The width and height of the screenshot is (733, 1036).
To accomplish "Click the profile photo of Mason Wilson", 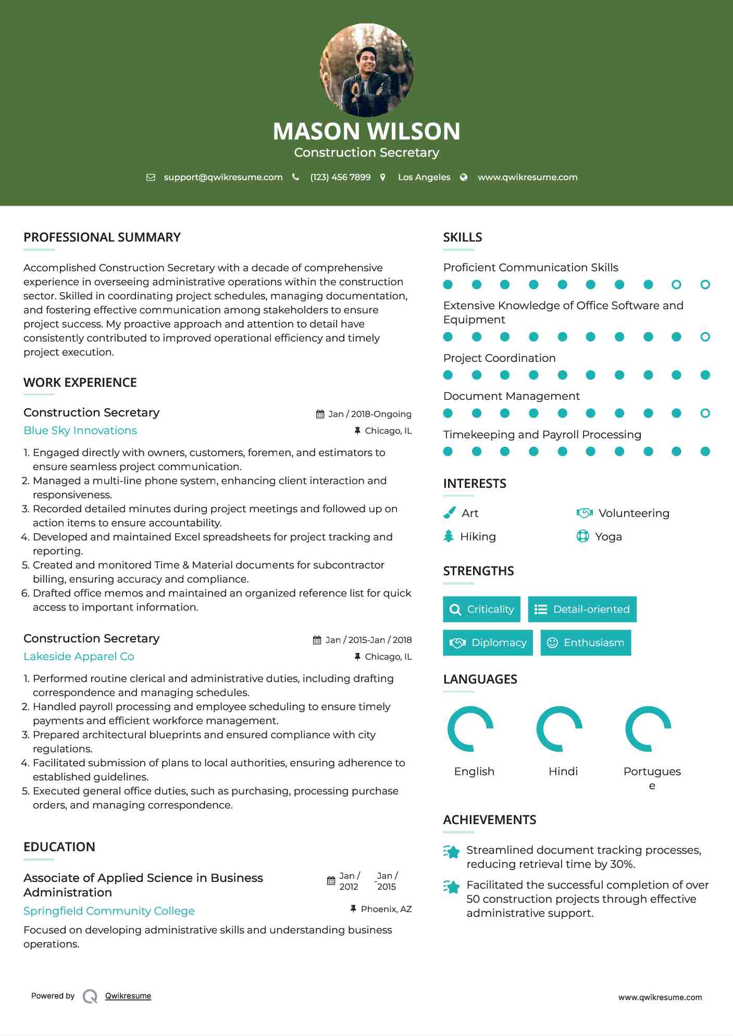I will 366,70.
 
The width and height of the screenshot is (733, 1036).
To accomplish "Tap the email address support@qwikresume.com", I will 223,177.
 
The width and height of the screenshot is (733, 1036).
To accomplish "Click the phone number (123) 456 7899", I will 340,177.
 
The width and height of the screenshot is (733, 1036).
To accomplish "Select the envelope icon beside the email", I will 151,178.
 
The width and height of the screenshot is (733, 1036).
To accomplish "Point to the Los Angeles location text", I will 424,177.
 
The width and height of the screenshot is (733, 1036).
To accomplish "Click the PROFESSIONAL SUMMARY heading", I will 102,237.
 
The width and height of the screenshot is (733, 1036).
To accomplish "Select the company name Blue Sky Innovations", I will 80,431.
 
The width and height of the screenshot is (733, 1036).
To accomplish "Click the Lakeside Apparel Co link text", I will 79,656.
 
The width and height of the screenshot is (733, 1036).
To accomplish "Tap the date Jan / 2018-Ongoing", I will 369,414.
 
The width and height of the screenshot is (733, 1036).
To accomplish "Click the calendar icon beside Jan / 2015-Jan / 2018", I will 317,640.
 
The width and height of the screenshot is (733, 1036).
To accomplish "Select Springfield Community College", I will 109,911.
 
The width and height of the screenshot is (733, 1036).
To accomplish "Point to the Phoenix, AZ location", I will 386,909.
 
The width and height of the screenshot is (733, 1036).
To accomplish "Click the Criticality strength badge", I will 481,609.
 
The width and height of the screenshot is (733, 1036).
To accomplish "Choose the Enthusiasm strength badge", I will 586,642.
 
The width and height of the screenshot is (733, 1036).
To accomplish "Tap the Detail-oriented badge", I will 582,609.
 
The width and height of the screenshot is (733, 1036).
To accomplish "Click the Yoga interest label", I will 608,537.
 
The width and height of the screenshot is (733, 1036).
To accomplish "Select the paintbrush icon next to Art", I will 449,513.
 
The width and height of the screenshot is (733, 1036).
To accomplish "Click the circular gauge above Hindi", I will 559,729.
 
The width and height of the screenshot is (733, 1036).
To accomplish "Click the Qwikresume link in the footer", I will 128,996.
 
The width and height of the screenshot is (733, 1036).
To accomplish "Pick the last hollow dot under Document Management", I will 705,413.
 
